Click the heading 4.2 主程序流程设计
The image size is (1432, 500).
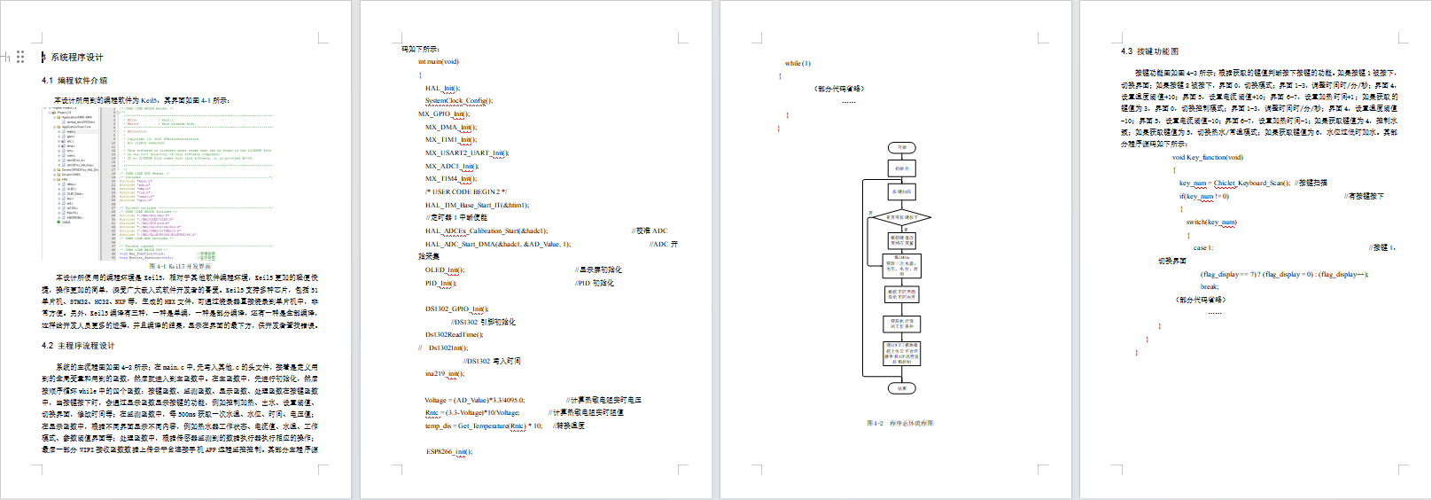pos(78,346)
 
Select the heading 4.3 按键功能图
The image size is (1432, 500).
pos(1149,51)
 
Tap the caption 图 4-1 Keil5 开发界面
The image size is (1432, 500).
pos(180,266)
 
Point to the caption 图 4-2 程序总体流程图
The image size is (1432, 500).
pos(899,424)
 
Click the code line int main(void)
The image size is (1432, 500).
pos(439,62)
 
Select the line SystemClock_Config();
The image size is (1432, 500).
pos(458,101)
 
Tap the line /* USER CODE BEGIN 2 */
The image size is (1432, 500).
pos(466,191)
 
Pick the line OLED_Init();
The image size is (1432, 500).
pos(444,270)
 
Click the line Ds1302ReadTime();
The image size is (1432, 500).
pos(454,335)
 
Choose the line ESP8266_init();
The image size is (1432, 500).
pos(449,451)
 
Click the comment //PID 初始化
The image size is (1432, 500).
pos(594,283)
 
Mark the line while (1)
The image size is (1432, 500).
pos(798,64)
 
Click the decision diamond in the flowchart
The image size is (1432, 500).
pos(902,217)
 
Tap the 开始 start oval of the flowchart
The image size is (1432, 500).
pos(902,148)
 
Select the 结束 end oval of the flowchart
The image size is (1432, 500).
pos(902,388)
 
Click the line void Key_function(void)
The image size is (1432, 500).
pos(1207,158)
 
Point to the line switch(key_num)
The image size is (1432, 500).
pos(1210,223)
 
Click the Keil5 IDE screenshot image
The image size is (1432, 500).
pos(160,184)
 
